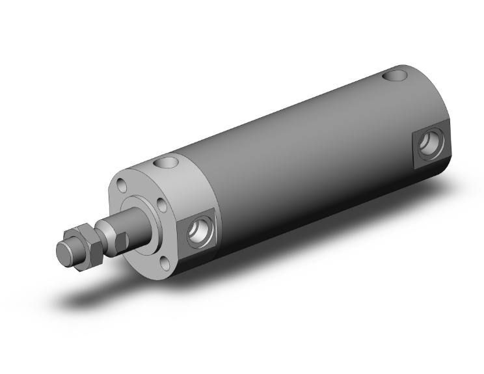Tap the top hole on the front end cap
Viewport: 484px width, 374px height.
click(x=167, y=161)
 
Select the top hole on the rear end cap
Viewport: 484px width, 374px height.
click(x=395, y=77)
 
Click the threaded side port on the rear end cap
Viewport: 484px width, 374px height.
click(x=429, y=144)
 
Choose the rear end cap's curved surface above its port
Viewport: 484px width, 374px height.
click(x=423, y=98)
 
